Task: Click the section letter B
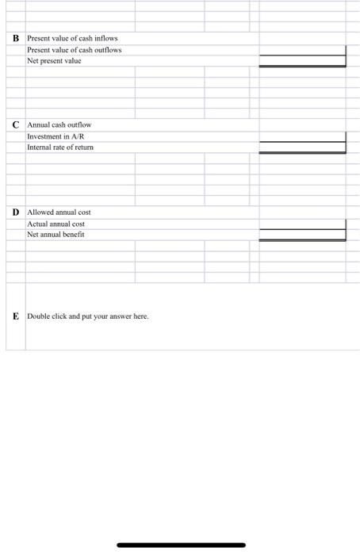(16, 38)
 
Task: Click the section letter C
(16, 125)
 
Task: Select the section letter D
(16, 212)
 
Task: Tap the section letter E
(16, 316)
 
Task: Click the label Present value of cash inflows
(72, 38)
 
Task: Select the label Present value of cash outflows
(74, 49)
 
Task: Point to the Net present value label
(55, 60)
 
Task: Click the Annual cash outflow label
(60, 125)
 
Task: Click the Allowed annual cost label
(59, 212)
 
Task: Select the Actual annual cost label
(57, 224)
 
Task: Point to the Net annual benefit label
(56, 235)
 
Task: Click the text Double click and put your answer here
(87, 316)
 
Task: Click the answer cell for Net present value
(302, 61)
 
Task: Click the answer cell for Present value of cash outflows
(302, 50)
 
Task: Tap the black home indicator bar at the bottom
(181, 545)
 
